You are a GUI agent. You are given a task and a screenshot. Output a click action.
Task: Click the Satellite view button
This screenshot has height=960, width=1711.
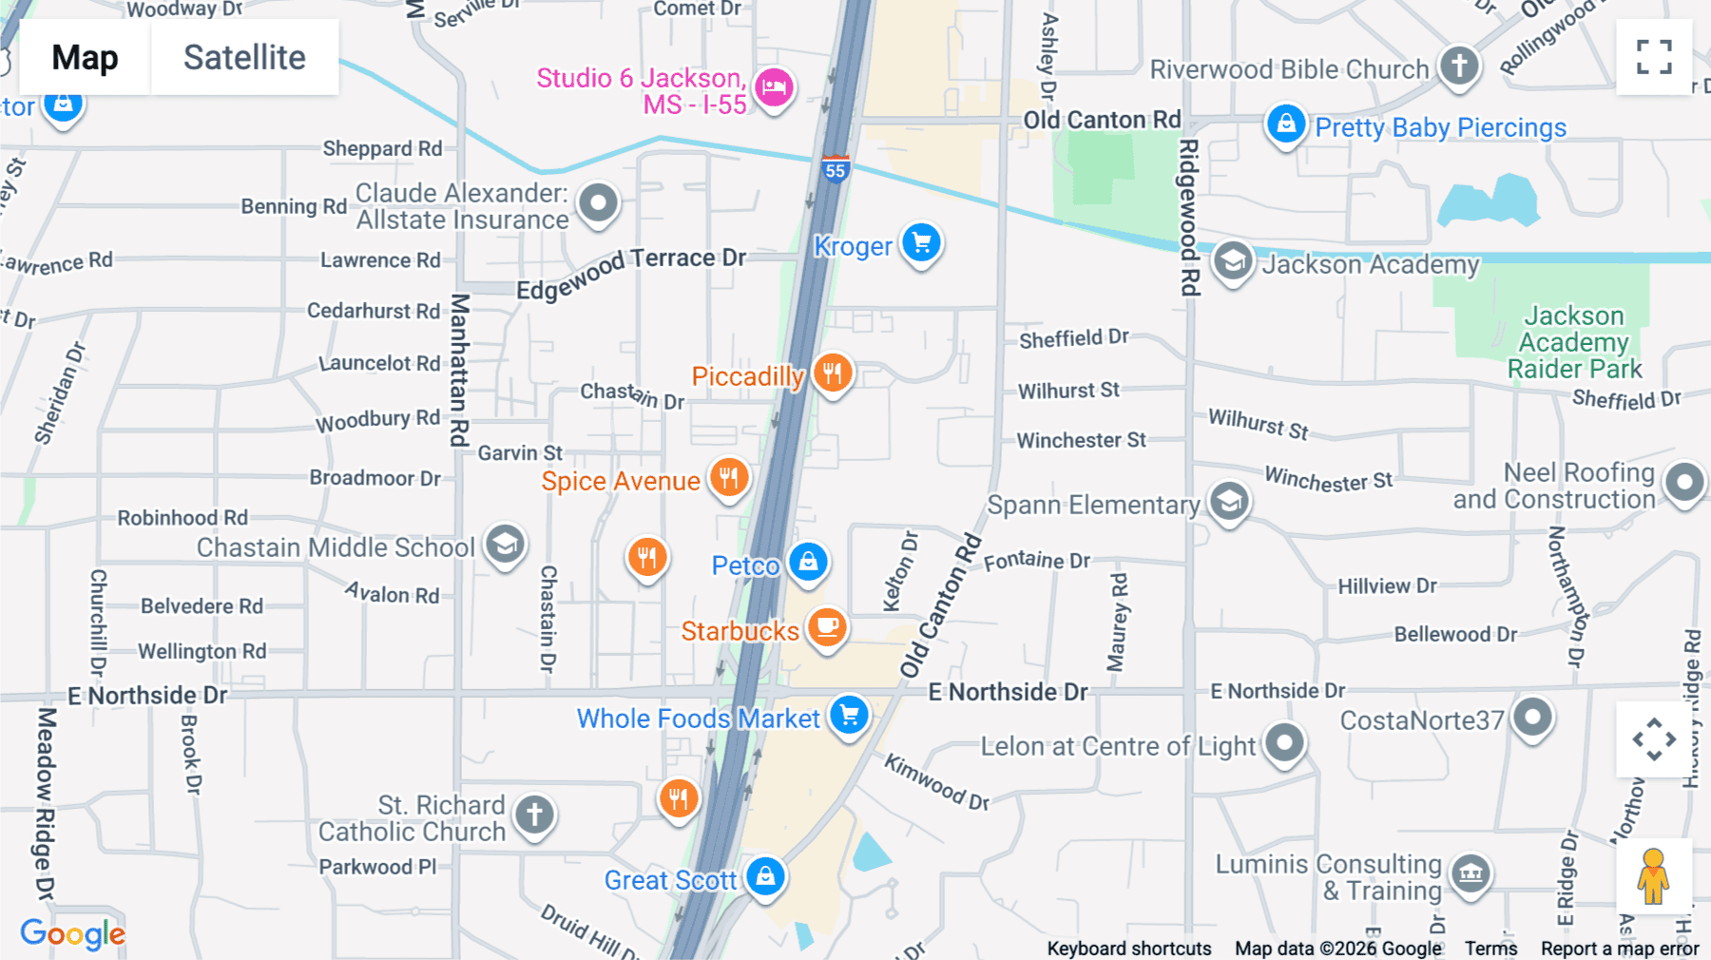tap(244, 58)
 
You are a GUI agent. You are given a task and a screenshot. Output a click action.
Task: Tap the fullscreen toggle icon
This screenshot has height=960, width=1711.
tap(1654, 57)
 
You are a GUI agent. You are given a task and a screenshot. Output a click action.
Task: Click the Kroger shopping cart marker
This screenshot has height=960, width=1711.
tap(921, 243)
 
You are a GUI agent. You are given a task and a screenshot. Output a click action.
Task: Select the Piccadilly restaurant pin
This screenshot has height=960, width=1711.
tap(833, 373)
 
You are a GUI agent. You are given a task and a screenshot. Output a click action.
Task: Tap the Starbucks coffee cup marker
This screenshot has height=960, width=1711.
tap(827, 626)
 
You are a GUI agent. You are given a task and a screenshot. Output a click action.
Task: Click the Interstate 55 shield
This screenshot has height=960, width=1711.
tap(835, 169)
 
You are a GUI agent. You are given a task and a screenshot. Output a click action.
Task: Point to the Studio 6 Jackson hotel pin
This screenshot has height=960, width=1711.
tap(774, 87)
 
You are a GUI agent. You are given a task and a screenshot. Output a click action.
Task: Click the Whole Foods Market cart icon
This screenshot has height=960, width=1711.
tap(849, 715)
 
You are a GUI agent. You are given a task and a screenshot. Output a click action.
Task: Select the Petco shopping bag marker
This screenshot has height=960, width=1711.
tap(808, 562)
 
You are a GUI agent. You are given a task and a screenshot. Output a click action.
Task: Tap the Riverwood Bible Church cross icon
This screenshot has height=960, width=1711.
tap(1459, 66)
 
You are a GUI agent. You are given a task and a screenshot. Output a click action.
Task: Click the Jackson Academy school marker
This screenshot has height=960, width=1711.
tap(1233, 260)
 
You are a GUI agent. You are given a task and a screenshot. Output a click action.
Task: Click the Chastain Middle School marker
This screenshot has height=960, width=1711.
tap(505, 544)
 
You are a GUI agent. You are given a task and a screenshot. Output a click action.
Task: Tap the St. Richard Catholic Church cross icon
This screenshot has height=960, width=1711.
tap(534, 815)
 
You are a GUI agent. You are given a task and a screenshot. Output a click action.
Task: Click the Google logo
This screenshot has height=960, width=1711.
tap(73, 934)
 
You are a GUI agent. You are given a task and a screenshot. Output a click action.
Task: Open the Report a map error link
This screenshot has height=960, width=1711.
tap(1620, 949)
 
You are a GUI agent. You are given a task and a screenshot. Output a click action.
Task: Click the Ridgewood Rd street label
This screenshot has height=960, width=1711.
tap(1189, 217)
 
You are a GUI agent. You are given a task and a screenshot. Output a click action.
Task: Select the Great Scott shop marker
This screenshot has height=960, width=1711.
tap(765, 875)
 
